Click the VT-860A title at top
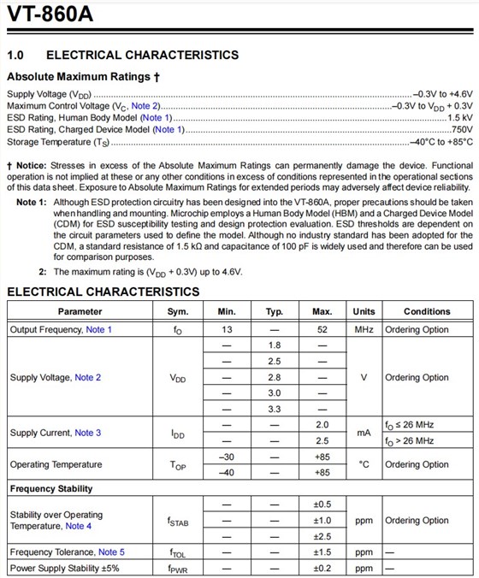click(x=50, y=16)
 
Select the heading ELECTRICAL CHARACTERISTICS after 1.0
click(x=142, y=55)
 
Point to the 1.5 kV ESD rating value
click(x=459, y=117)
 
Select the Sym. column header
click(x=177, y=311)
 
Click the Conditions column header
click(x=427, y=311)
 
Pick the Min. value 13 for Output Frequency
click(x=227, y=329)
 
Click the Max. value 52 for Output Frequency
click(x=322, y=329)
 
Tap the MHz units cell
click(x=364, y=329)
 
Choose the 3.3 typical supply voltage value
click(x=275, y=410)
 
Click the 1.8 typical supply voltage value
click(x=275, y=345)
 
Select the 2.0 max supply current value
click(x=322, y=425)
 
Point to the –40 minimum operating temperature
click(x=227, y=473)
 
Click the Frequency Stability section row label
click(x=51, y=489)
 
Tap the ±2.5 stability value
click(x=322, y=536)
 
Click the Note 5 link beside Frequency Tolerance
click(x=111, y=552)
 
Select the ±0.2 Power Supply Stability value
click(x=322, y=569)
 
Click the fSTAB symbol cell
click(x=177, y=521)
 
